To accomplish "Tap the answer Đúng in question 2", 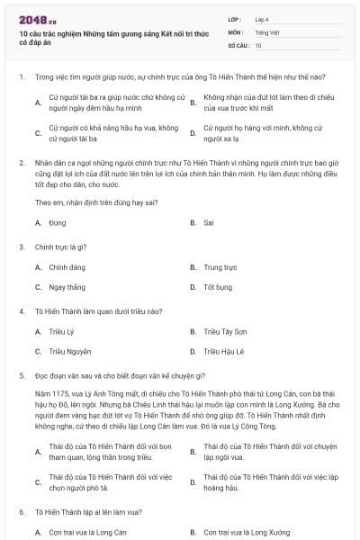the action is tap(58, 221).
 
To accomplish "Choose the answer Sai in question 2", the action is tap(209, 221).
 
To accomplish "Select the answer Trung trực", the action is tap(220, 267).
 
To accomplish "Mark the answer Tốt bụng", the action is tap(218, 287).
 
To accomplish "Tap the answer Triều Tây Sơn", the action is tap(224, 331).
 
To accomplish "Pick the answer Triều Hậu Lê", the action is tap(224, 351).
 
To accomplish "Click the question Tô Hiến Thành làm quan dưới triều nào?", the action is tap(98, 310).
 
